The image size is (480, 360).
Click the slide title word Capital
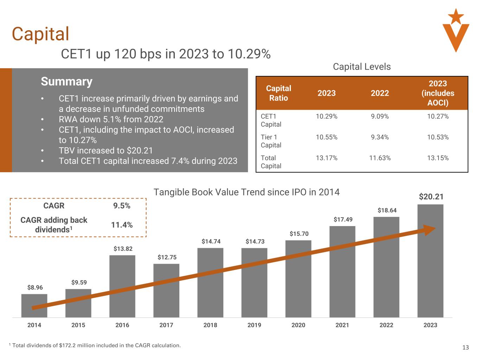[40, 34]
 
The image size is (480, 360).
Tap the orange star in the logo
[456, 16]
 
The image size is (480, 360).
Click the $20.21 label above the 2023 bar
[431, 197]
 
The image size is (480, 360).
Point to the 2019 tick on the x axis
[254, 325]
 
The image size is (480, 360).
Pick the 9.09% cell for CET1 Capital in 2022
[380, 116]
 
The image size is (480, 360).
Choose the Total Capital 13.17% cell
[326, 158]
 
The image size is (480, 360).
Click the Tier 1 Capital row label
[271, 141]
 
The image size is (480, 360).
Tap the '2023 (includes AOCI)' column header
[438, 93]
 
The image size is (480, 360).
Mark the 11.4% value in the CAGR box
[122, 225]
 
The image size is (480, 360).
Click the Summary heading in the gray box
[66, 82]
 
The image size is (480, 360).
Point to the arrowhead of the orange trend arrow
[429, 230]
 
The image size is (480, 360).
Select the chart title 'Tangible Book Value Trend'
[247, 192]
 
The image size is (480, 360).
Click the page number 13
[465, 348]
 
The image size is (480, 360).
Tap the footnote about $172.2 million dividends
[95, 346]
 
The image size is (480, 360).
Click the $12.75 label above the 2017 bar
[167, 257]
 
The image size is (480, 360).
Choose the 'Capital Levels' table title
[361, 67]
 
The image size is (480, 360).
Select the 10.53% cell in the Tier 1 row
[438, 137]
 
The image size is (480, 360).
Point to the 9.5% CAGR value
[122, 206]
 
